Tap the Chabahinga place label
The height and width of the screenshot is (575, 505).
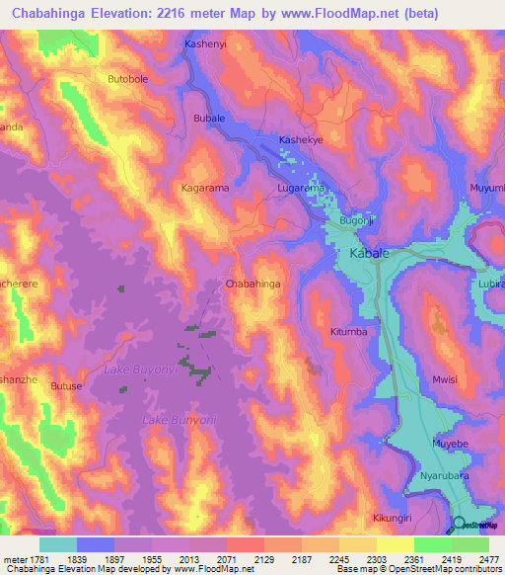[x=253, y=284]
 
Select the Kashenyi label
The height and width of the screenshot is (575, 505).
[x=207, y=44]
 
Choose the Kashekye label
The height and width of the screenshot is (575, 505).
[x=302, y=140]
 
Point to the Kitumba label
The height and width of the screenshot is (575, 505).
[x=349, y=332]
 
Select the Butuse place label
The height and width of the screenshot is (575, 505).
[x=67, y=386]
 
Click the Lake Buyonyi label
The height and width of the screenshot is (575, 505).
[x=141, y=369]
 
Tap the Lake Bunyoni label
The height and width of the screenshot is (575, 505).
[x=180, y=421]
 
